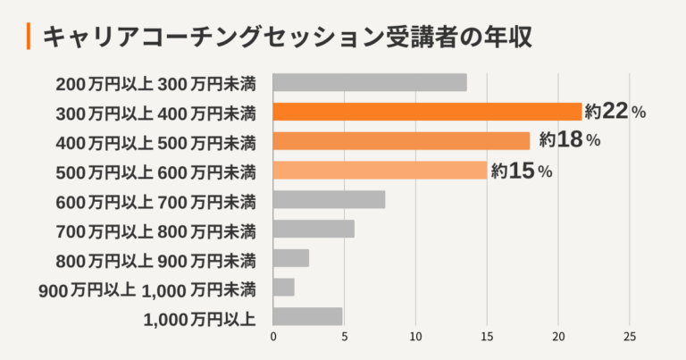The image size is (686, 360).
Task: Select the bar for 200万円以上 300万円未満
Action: click(x=370, y=83)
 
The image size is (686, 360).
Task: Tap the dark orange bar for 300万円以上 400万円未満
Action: click(x=427, y=112)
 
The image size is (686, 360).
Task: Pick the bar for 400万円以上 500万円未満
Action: click(x=401, y=141)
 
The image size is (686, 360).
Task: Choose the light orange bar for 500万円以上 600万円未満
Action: click(x=380, y=170)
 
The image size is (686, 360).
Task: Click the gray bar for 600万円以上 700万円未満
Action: click(x=329, y=199)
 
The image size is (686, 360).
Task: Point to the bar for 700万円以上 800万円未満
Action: click(x=314, y=229)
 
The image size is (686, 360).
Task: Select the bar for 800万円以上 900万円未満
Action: click(x=291, y=258)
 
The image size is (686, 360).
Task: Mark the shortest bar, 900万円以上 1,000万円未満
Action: click(x=283, y=287)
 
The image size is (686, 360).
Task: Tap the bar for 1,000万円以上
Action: click(x=307, y=316)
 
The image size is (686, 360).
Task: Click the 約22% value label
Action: click(x=615, y=112)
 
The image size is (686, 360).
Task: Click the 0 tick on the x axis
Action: click(x=273, y=338)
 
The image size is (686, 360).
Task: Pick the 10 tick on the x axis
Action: click(x=415, y=338)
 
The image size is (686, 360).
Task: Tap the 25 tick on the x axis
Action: click(x=630, y=338)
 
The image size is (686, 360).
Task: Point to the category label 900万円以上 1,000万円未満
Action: click(x=147, y=288)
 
